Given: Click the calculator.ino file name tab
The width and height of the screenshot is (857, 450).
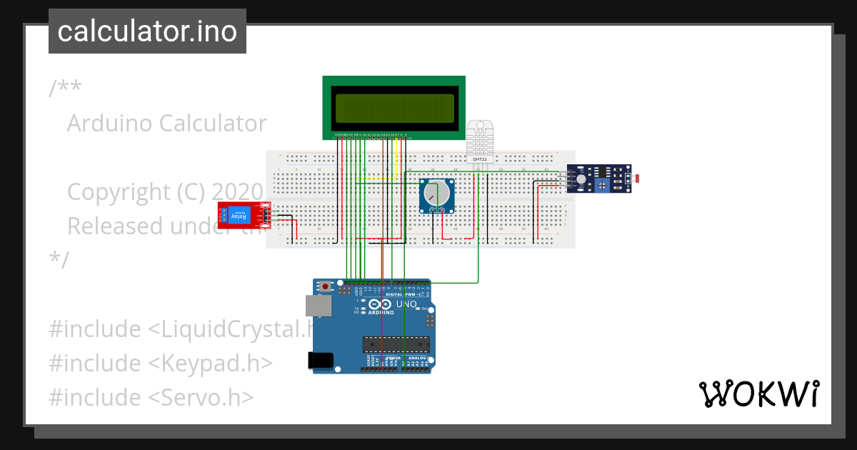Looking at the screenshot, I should pyautogui.click(x=147, y=31).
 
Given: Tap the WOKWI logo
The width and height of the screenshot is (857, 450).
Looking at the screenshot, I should pyautogui.click(x=758, y=394).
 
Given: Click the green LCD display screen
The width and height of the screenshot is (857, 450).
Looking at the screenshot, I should pyautogui.click(x=394, y=108).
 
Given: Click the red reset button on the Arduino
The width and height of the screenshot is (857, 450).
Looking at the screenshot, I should pyautogui.click(x=326, y=287).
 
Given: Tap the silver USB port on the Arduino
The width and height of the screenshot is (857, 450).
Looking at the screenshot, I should pyautogui.click(x=319, y=306).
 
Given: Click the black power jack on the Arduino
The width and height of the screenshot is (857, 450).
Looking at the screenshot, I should pyautogui.click(x=321, y=360).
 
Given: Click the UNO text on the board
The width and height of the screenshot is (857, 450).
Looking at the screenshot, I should pyautogui.click(x=406, y=304).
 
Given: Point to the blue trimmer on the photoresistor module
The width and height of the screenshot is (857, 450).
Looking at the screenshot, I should pyautogui.click(x=603, y=185).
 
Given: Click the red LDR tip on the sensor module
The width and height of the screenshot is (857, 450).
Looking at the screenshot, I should pyautogui.click(x=636, y=177).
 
